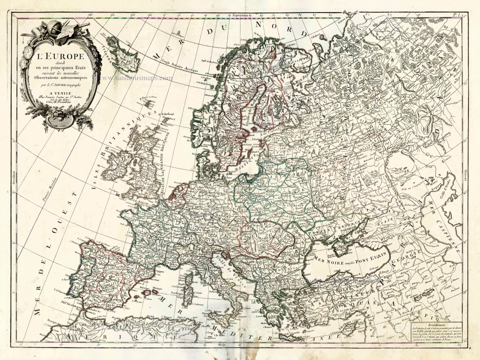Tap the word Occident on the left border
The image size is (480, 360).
14,175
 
